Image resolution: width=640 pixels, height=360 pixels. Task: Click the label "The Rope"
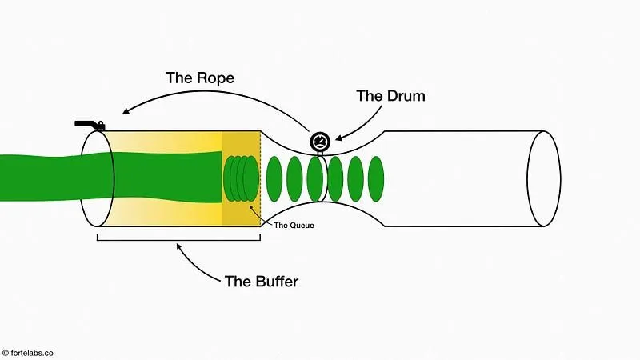point(199,78)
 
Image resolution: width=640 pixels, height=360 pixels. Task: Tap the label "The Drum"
point(390,95)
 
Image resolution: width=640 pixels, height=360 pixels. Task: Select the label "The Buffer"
point(261,281)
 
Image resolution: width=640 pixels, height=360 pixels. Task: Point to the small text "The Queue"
point(294,226)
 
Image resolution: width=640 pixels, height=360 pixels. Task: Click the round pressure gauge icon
point(320,142)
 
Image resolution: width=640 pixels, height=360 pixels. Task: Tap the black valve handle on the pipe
point(90,125)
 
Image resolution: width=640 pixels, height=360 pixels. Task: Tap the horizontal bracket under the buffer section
point(180,237)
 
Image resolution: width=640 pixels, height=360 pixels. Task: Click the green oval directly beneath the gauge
point(315,178)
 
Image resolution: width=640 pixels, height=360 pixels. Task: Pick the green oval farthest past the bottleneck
point(376,178)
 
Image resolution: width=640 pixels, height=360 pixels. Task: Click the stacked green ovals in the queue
point(241,178)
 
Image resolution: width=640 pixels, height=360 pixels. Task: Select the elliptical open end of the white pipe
point(543,178)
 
